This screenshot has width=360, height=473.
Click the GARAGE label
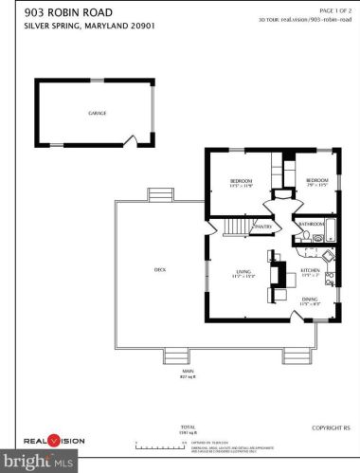tap(98, 113)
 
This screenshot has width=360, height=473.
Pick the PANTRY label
tap(263, 227)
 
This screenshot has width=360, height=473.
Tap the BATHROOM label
tap(312, 225)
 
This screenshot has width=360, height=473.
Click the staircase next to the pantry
tap(234, 227)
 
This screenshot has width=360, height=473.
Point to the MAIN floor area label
tap(186, 374)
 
